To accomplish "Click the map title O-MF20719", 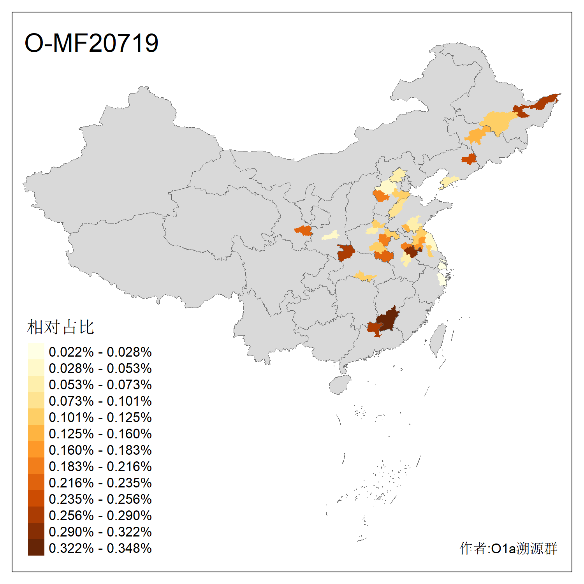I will pos(91,43).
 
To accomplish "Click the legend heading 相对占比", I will pos(60,327).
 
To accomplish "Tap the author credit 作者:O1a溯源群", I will pos(508,548).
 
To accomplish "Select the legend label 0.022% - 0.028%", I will pos(100,352).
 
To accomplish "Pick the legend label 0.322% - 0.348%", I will pos(100,548).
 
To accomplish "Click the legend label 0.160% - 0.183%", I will pos(100,450).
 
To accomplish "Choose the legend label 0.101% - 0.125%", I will pos(100,417).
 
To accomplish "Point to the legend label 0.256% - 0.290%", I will pos(100,515).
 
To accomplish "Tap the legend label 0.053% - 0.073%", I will pos(100,385).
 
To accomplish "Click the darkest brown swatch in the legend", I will pos(36,547).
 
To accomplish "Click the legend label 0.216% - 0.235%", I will pos(100,483).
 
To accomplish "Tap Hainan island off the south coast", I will pos(340,385).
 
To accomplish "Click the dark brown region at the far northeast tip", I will pos(545,102).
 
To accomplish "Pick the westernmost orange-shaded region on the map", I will pos(304,230).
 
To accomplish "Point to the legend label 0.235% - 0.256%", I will pos(100,499).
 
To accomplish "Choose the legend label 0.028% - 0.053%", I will pos(100,368).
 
